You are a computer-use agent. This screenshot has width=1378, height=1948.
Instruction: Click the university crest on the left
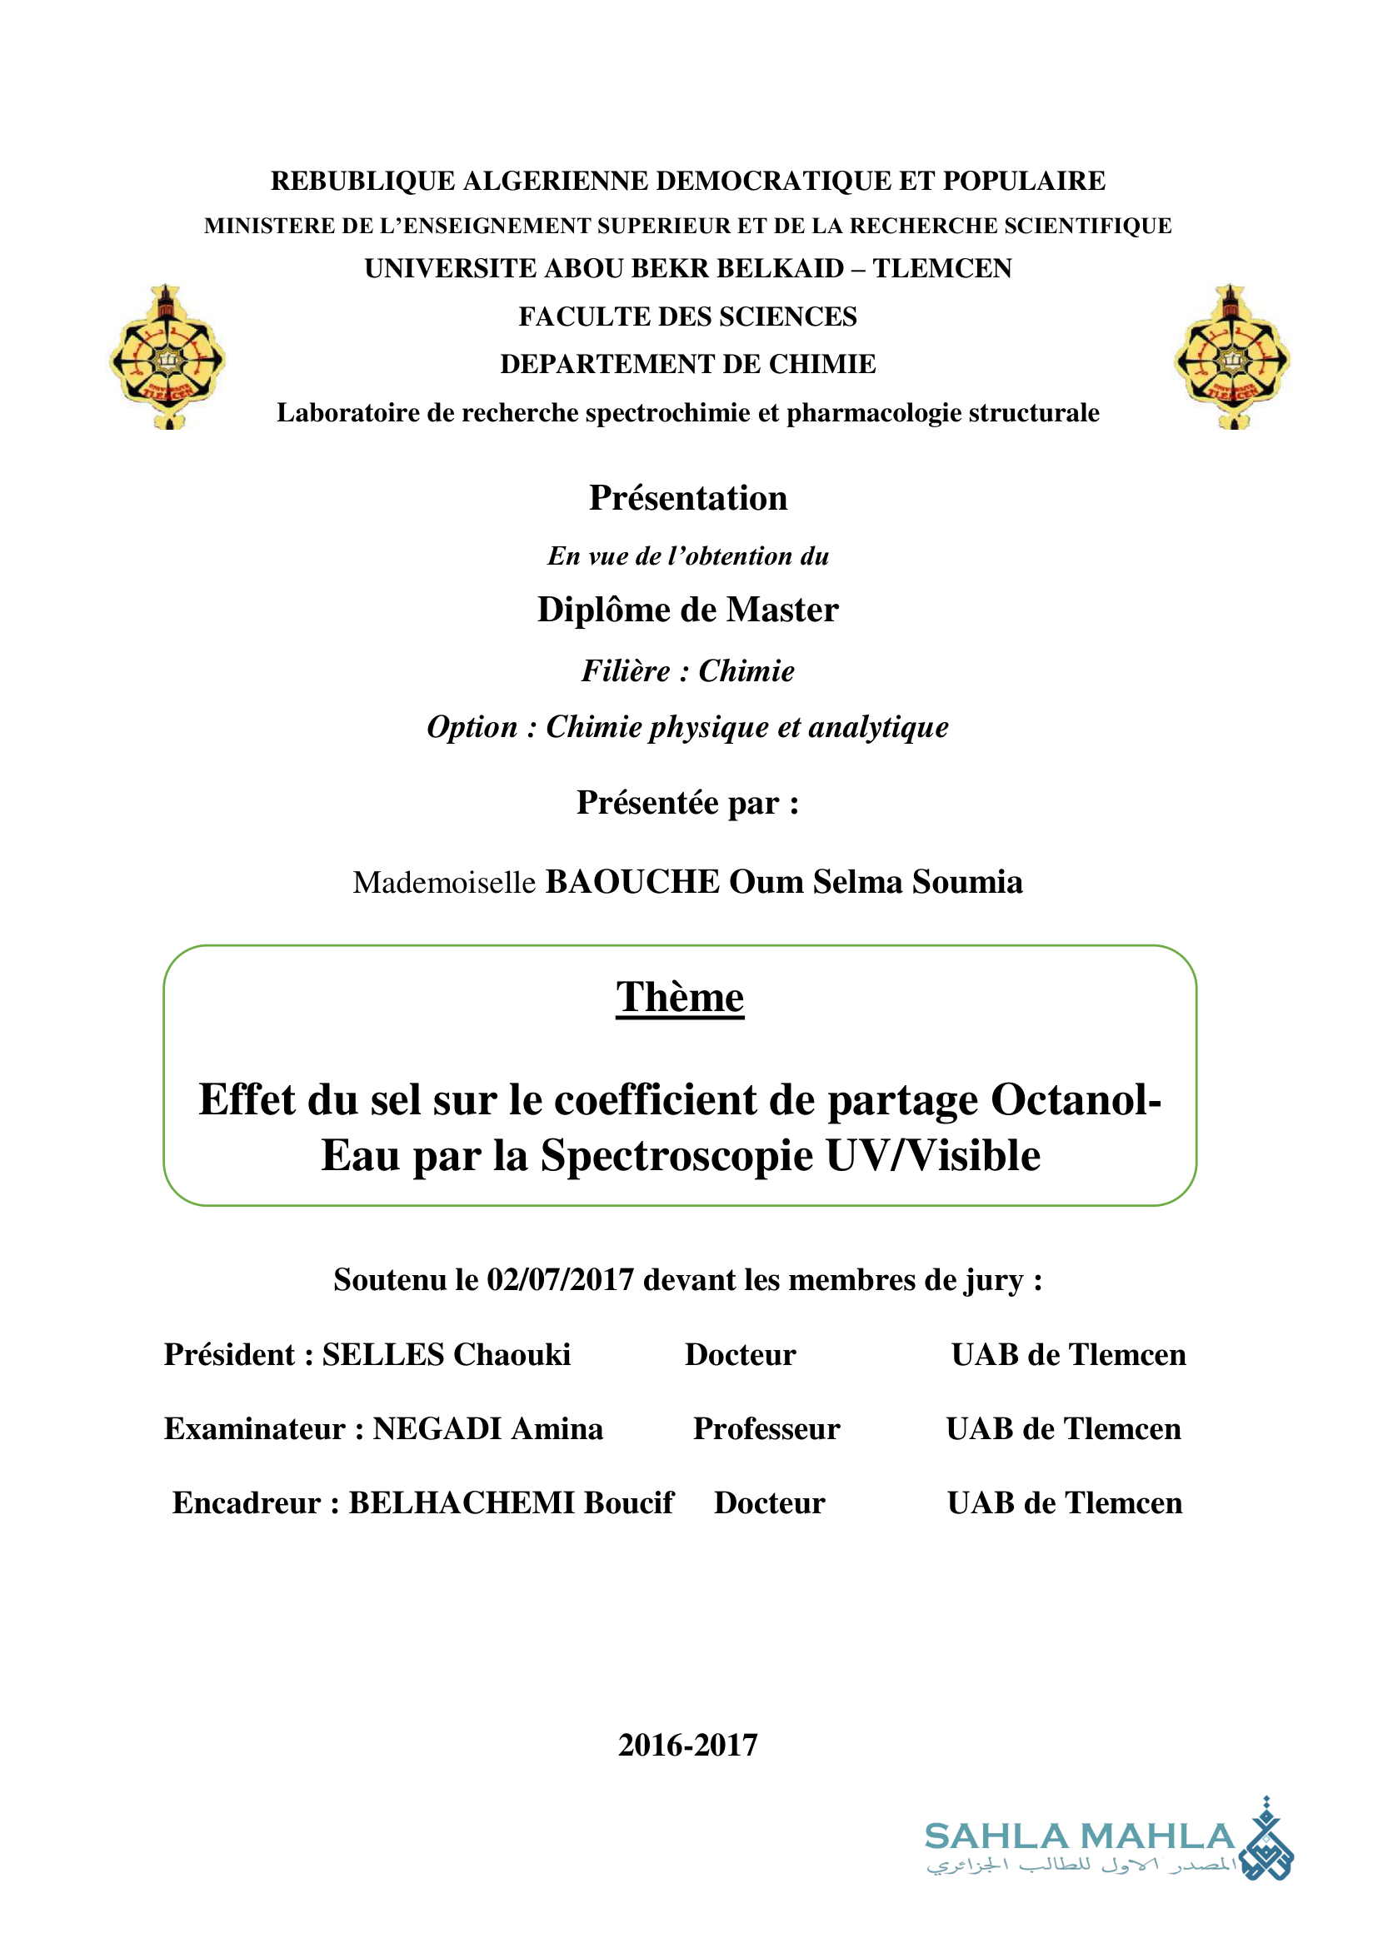click(167, 357)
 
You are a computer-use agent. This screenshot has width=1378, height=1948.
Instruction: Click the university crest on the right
click(1231, 357)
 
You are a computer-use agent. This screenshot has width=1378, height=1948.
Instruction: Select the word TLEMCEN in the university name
click(942, 268)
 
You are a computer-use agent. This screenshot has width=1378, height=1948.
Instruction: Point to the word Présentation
click(688, 498)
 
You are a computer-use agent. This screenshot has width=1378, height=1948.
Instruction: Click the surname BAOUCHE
click(632, 881)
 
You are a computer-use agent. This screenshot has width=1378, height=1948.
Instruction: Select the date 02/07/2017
click(560, 1279)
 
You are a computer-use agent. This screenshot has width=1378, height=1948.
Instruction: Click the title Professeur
click(766, 1429)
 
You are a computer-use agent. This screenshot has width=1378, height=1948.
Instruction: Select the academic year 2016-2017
click(688, 1746)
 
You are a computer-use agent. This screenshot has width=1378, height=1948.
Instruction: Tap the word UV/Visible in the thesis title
click(932, 1156)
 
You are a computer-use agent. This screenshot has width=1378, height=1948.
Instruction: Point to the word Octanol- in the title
click(1076, 1099)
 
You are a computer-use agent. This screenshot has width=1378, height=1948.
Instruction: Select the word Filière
click(626, 671)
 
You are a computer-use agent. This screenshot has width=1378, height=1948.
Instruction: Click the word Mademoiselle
click(444, 882)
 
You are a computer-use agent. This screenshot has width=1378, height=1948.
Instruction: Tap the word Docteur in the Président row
click(740, 1355)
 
